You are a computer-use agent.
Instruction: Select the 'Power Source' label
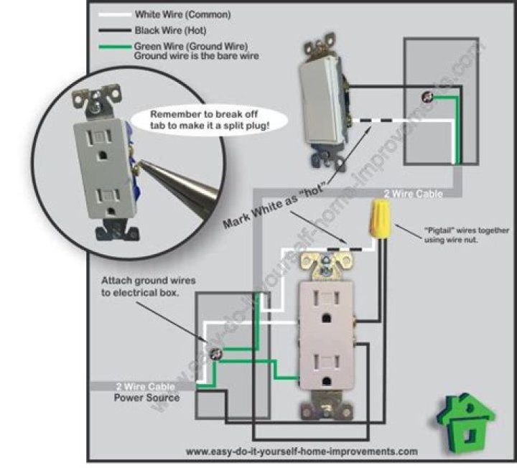click(x=146, y=398)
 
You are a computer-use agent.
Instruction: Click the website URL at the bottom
click(x=302, y=452)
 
